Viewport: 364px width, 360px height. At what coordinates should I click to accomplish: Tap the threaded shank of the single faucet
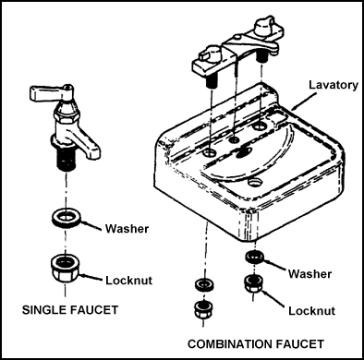pyautogui.click(x=67, y=158)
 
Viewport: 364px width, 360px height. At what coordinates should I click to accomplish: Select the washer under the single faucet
pyautogui.click(x=67, y=218)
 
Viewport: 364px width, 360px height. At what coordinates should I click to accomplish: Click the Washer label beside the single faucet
pyautogui.click(x=127, y=229)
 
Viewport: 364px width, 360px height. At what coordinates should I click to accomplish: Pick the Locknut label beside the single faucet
pyautogui.click(x=129, y=281)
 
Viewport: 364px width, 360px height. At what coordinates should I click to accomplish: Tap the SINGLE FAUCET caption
pyautogui.click(x=70, y=309)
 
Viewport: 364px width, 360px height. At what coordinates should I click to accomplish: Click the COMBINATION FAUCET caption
pyautogui.click(x=256, y=343)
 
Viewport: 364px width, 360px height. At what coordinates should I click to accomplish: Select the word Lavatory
pyautogui.click(x=334, y=85)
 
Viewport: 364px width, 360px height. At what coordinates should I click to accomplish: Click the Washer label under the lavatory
pyautogui.click(x=310, y=273)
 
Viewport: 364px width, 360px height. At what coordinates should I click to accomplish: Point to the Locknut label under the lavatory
pyautogui.click(x=311, y=311)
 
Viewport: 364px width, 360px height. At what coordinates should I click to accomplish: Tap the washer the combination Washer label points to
pyautogui.click(x=255, y=257)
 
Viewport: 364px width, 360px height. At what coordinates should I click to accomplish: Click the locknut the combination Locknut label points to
pyautogui.click(x=254, y=284)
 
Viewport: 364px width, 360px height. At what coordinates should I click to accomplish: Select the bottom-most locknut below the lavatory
pyautogui.click(x=204, y=310)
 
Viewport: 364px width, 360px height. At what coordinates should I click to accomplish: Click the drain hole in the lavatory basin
pyautogui.click(x=255, y=182)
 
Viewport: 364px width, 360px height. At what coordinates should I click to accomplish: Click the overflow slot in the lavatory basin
pyautogui.click(x=244, y=151)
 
